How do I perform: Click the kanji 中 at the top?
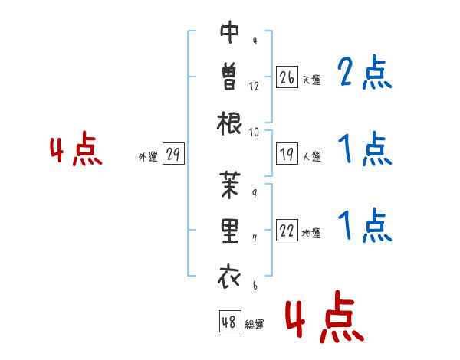coord(230,32)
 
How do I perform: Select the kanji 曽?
coord(229,77)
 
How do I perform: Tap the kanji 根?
coord(229,123)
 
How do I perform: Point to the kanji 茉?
coord(230,185)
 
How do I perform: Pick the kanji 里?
coord(230,231)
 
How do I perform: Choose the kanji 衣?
coord(229,277)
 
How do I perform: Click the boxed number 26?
coord(287,77)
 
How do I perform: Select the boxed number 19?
coord(287,154)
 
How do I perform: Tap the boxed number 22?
coord(287,230)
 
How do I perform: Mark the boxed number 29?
coord(173,154)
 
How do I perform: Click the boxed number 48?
coord(230,321)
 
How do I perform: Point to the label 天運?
coord(312,80)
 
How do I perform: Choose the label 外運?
coord(148,156)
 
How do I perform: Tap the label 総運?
coord(255,324)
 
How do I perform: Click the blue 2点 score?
coord(365,72)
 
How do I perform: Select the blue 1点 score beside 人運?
coord(365,149)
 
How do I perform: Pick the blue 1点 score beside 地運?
coord(365,225)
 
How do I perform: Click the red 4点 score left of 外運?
coord(76,149)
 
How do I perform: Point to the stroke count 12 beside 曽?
coord(254,87)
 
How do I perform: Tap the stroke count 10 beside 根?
coord(254,133)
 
